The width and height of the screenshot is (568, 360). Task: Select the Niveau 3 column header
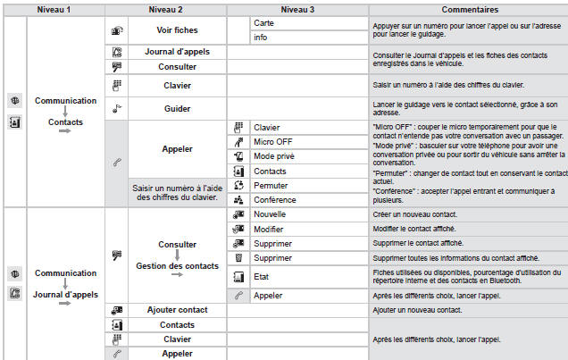pos(297,7)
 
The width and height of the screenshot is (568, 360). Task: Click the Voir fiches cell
pos(177,29)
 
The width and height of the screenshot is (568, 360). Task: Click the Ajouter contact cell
pos(177,309)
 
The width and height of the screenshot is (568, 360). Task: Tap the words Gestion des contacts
pos(177,265)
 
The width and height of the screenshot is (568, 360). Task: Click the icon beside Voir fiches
pos(115,29)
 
